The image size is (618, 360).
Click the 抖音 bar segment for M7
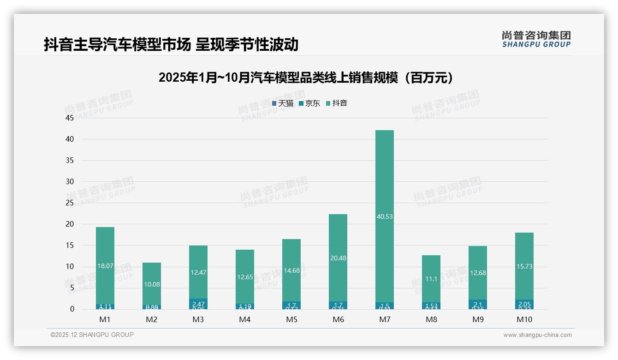tap(385, 175)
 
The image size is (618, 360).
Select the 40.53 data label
tap(385, 216)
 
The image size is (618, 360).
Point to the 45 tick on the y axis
tap(70, 118)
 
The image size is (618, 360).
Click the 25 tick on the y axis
tap(70, 203)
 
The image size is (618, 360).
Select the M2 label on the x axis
tap(152, 320)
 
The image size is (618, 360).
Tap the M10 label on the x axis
tap(524, 320)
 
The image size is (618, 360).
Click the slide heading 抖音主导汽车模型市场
tap(171, 45)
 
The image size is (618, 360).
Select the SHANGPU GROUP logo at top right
tap(536, 39)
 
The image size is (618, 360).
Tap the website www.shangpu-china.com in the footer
tap(537, 335)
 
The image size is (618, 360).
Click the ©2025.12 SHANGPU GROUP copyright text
tap(92, 335)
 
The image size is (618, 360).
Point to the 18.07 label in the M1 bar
tap(105, 266)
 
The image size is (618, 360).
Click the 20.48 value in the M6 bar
tap(338, 258)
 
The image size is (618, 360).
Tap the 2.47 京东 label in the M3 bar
tap(198, 304)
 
